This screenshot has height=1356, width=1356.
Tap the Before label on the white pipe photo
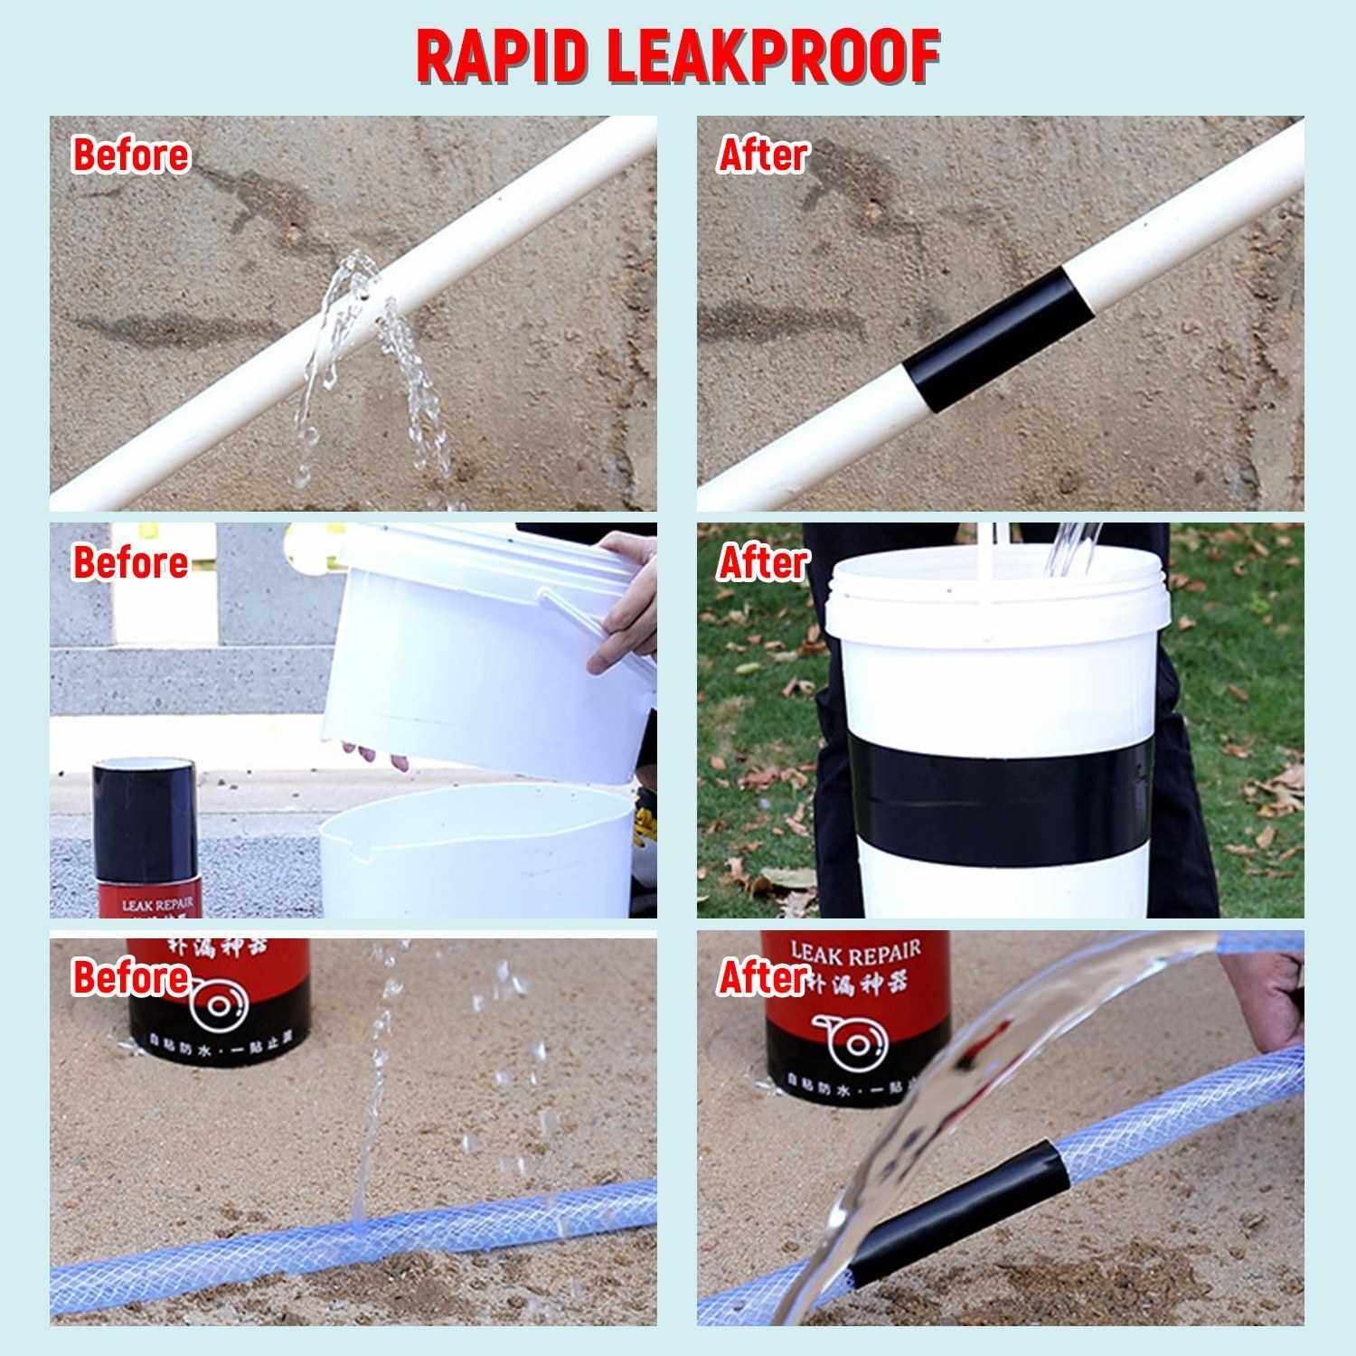click(131, 155)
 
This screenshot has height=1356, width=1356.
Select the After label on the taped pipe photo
click(762, 155)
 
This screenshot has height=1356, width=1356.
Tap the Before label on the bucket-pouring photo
click(131, 562)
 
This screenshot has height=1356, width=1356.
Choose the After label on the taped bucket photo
click(762, 562)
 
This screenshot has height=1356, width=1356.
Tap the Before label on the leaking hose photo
click(131, 977)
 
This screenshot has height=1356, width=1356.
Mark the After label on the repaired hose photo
click(762, 977)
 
